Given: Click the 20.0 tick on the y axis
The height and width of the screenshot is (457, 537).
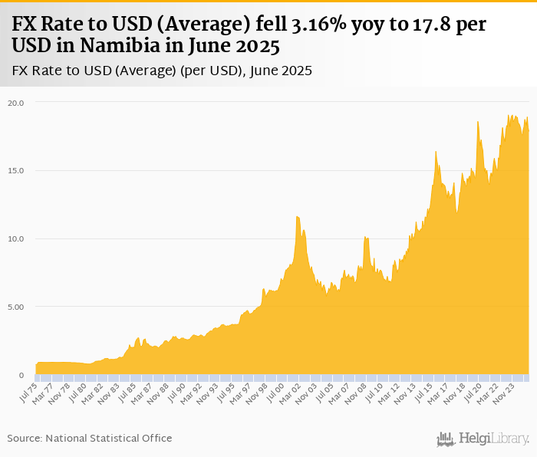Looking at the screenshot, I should [x=16, y=103].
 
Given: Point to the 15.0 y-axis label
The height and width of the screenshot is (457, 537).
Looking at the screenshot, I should [x=16, y=171].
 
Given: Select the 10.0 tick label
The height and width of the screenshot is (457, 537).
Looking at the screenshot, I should [x=16, y=239].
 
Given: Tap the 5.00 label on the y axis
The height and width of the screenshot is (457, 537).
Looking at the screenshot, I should [x=15, y=307].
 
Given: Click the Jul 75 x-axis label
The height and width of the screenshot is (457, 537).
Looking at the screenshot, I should [x=29, y=393].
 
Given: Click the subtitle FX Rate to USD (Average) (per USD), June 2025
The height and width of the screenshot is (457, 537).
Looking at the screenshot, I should [x=162, y=71].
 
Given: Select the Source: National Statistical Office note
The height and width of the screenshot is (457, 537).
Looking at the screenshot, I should [x=90, y=438].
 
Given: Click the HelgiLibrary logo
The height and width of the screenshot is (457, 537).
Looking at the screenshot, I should [x=483, y=439].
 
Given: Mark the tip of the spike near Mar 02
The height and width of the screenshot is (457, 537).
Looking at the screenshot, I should [x=297, y=216].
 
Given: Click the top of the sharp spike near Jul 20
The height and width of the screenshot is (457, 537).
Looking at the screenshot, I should [x=477, y=121].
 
